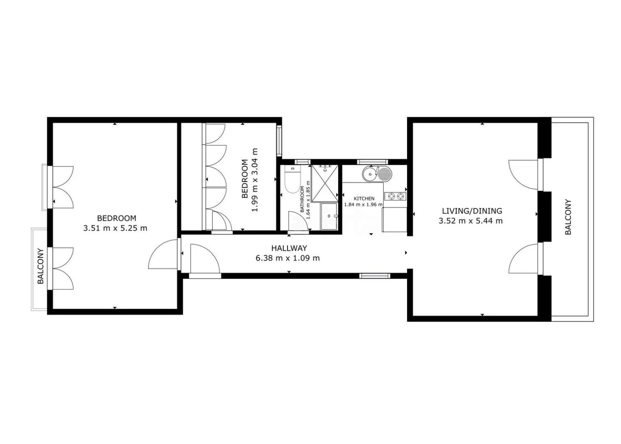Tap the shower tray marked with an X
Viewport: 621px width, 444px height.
324,183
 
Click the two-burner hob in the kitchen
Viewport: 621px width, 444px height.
395,197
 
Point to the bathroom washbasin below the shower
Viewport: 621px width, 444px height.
329,216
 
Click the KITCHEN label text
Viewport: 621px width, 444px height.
364,199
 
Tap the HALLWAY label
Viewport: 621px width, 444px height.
289,248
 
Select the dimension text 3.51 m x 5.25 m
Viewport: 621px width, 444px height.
115,229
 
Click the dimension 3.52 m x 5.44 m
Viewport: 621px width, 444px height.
471,221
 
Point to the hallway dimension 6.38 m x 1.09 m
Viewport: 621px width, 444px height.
288,258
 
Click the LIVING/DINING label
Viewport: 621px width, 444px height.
472,211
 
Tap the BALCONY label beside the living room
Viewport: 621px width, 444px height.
568,217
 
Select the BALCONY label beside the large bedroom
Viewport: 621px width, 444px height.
41,266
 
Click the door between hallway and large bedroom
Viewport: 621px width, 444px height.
163,254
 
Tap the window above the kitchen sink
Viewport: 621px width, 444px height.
372,162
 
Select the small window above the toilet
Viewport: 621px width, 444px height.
302,162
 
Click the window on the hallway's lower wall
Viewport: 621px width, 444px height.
375,276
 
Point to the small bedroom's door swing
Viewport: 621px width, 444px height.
222,221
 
